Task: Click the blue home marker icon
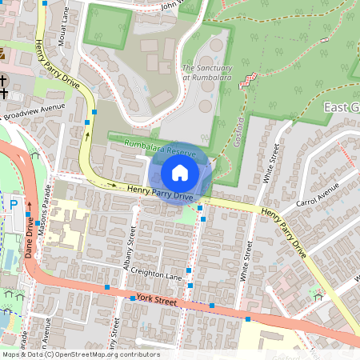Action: [180, 172]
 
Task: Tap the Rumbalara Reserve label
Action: [160, 145]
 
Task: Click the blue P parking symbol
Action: [13, 205]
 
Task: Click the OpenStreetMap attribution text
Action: [80, 354]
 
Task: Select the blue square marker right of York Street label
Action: [212, 306]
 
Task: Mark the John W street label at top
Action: [178, 6]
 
